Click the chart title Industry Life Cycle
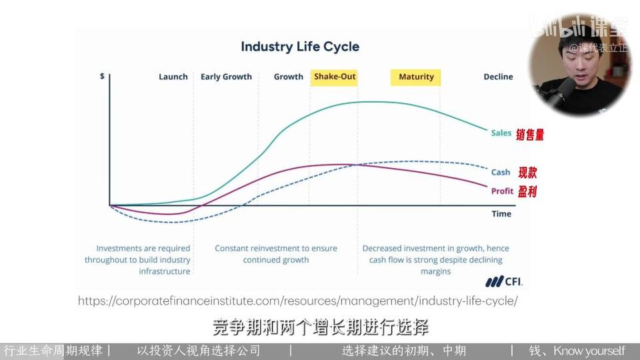(x=300, y=47)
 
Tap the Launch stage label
(x=173, y=77)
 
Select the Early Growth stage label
(x=226, y=77)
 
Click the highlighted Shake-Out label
(x=334, y=77)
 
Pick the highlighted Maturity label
(x=416, y=77)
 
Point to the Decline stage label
(x=498, y=77)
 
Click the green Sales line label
(x=501, y=133)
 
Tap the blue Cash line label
(x=501, y=172)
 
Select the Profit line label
(x=502, y=191)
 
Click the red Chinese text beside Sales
(x=530, y=135)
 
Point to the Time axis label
(x=501, y=214)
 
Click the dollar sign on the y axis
(x=102, y=76)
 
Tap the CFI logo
(x=504, y=281)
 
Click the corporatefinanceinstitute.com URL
(x=297, y=301)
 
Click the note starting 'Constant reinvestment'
(x=276, y=254)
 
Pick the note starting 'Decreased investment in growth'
(x=435, y=259)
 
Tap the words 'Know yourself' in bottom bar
(x=589, y=351)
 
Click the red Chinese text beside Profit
(x=527, y=191)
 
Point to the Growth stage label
(x=288, y=77)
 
